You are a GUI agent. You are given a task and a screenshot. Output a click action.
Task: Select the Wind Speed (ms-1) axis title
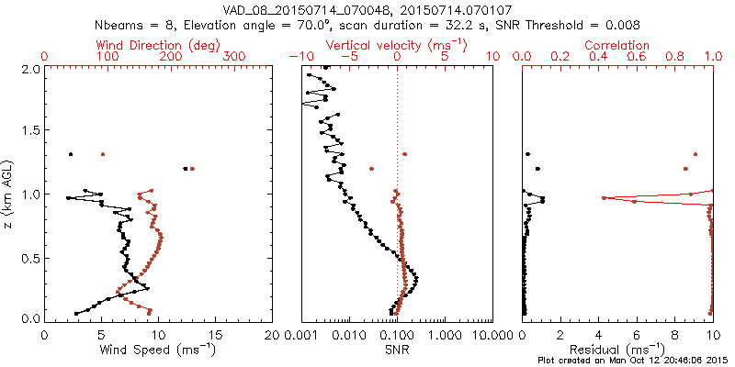coord(158,349)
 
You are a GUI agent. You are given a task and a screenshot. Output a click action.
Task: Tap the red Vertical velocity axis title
coord(396,45)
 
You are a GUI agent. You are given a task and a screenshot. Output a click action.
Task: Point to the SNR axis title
coord(397,349)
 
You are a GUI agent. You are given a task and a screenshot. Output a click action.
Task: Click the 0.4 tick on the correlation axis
coord(599,57)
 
